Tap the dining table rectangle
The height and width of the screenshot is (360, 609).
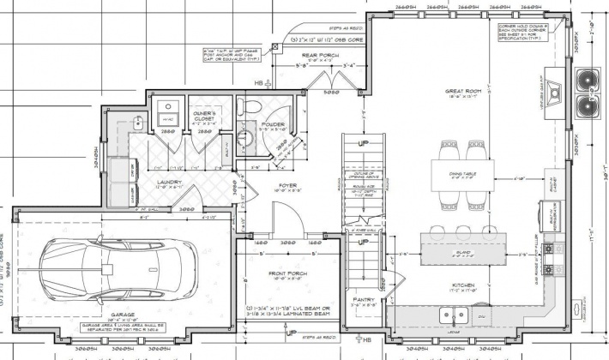[x=461, y=174]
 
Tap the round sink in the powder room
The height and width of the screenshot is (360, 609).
[x=243, y=137]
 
